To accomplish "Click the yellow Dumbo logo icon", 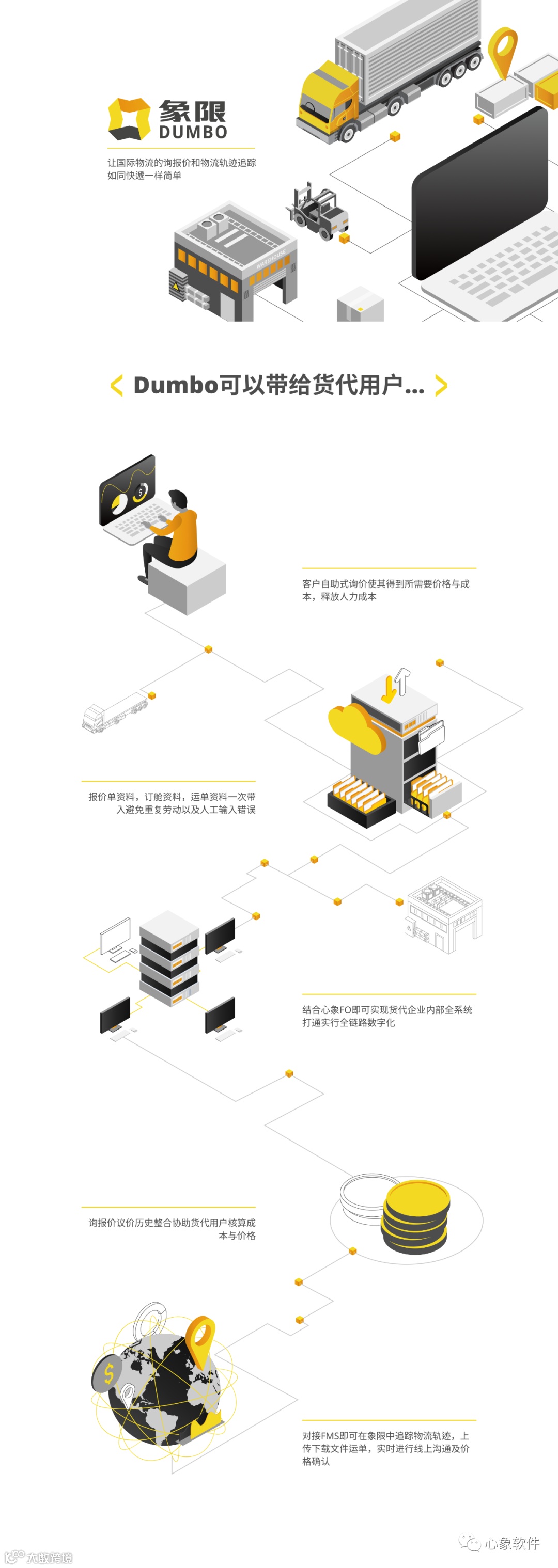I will [129, 118].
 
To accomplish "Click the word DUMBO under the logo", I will [193, 132].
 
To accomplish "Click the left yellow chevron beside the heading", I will [116, 385].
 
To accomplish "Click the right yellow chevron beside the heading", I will [442, 385].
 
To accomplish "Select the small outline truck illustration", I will [115, 714].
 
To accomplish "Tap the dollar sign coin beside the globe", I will [109, 1374].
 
